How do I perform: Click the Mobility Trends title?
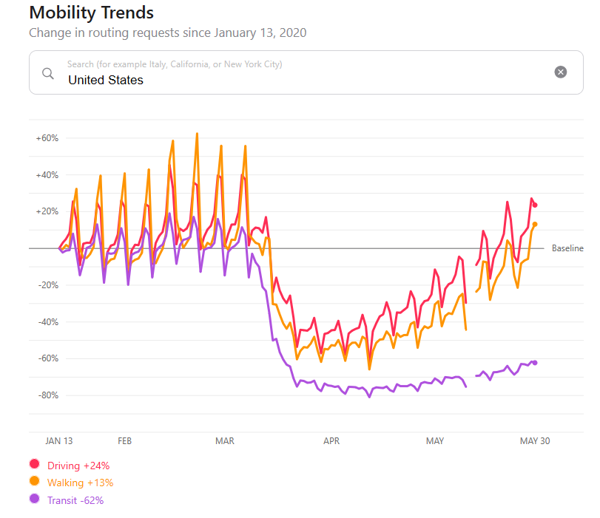(91, 13)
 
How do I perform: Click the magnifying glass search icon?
(48, 72)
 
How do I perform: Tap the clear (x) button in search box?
(561, 72)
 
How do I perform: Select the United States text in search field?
(106, 80)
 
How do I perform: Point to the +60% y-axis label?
(47, 138)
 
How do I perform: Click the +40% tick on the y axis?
(47, 175)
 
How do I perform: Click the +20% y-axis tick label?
(47, 211)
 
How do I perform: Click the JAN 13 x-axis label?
(59, 441)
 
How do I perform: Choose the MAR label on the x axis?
(225, 441)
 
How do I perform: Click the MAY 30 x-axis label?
(536, 441)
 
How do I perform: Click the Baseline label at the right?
(567, 248)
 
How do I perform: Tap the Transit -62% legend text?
(75, 500)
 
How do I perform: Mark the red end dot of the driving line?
(536, 205)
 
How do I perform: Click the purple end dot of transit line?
(535, 362)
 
